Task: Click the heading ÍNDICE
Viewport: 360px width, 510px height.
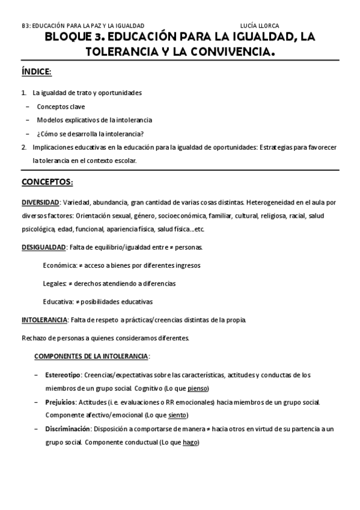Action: point(36,72)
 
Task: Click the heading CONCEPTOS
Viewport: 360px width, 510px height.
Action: point(47,182)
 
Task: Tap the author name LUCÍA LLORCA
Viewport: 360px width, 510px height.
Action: point(260,26)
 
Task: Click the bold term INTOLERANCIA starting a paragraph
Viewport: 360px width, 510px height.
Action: point(44,319)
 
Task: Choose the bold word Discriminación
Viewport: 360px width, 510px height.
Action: point(66,428)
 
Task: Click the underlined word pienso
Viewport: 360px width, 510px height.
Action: point(198,388)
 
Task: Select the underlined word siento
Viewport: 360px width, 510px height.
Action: point(178,415)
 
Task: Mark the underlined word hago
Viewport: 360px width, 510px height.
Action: point(190,442)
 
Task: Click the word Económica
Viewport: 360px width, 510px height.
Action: point(59,265)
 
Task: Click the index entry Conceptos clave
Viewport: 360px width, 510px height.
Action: point(60,106)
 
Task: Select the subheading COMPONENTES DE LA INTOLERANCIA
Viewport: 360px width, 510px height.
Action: point(91,356)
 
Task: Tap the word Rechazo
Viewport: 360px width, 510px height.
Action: point(34,337)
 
